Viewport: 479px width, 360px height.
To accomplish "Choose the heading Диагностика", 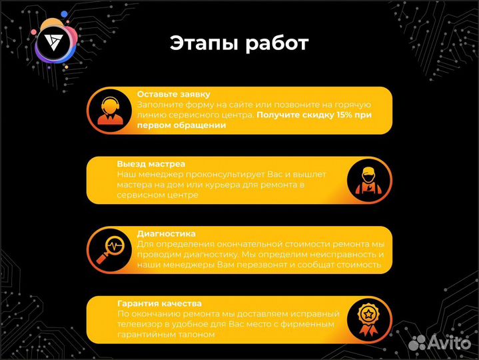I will [x=166, y=233].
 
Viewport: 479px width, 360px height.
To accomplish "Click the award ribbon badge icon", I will [x=368, y=319].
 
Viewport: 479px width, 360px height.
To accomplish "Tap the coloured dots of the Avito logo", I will [x=418, y=342].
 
